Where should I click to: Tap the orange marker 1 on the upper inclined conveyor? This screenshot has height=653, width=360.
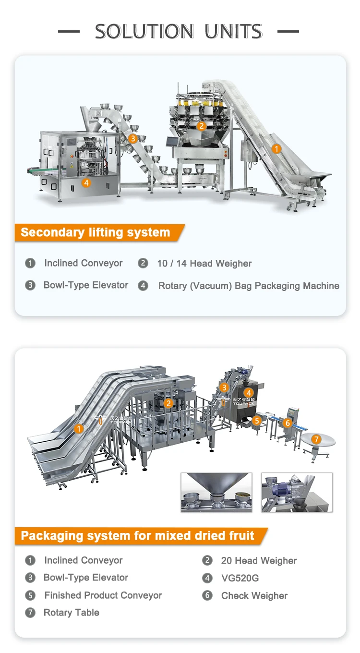click(x=276, y=149)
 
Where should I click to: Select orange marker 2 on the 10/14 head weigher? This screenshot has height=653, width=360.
click(x=202, y=126)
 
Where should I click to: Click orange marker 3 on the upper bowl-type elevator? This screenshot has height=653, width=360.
click(x=133, y=139)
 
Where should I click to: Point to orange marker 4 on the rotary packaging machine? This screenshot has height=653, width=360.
click(x=86, y=182)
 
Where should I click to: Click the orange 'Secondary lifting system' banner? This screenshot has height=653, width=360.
click(x=96, y=232)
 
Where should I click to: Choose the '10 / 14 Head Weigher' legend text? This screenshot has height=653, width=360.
click(x=204, y=264)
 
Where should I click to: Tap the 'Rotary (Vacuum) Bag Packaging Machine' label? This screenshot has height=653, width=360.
click(x=249, y=286)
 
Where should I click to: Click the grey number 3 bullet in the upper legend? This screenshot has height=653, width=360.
click(x=30, y=285)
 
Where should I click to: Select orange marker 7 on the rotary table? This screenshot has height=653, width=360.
click(x=316, y=439)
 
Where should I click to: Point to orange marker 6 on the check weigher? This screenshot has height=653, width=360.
click(x=288, y=423)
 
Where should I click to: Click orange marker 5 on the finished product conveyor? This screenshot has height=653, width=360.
click(x=257, y=421)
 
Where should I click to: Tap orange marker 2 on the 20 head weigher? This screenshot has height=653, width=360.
click(x=168, y=403)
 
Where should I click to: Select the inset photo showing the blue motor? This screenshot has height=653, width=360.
click(x=297, y=492)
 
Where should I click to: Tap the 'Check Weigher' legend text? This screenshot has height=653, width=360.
click(x=254, y=596)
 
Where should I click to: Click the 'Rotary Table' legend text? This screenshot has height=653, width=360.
click(x=72, y=613)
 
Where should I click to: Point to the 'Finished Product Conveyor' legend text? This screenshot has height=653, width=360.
click(x=103, y=595)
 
